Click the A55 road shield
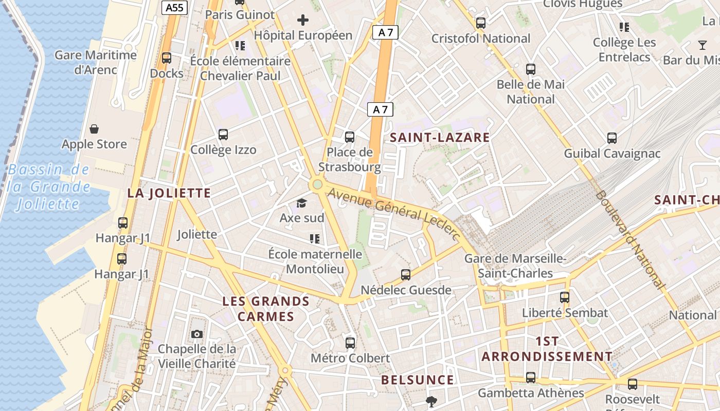click(175, 8)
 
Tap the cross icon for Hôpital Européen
click(303, 20)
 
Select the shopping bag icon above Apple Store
click(94, 128)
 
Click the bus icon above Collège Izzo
click(223, 135)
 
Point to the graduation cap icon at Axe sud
click(301, 203)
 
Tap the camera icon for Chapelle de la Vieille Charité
click(196, 334)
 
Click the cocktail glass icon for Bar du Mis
click(703, 45)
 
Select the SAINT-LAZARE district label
click(440, 138)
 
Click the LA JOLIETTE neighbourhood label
click(169, 193)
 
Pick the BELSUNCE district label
click(418, 380)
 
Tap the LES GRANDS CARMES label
click(266, 309)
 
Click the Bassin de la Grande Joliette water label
click(49, 187)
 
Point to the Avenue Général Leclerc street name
click(393, 212)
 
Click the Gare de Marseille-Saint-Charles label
click(515, 266)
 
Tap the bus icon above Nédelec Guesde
click(406, 275)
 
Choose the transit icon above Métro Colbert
click(350, 343)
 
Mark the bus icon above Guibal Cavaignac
click(611, 138)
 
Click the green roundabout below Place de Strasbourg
click(317, 184)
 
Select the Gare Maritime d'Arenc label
click(96, 62)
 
